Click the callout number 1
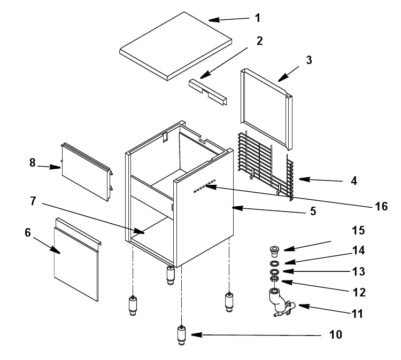(258, 18)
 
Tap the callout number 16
(381, 206)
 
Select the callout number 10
(336, 334)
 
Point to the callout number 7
(33, 201)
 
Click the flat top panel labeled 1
(176, 46)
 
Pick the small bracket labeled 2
(207, 91)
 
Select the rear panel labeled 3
(266, 109)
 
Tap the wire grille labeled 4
(266, 166)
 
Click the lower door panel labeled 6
(76, 260)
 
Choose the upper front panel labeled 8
(87, 171)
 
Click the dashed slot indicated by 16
(205, 186)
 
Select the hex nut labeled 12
(274, 278)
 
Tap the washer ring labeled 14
(274, 263)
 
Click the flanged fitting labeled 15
(275, 251)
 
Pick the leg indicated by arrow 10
(181, 335)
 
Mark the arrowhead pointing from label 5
(237, 208)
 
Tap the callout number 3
(309, 60)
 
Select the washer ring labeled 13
(274, 271)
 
